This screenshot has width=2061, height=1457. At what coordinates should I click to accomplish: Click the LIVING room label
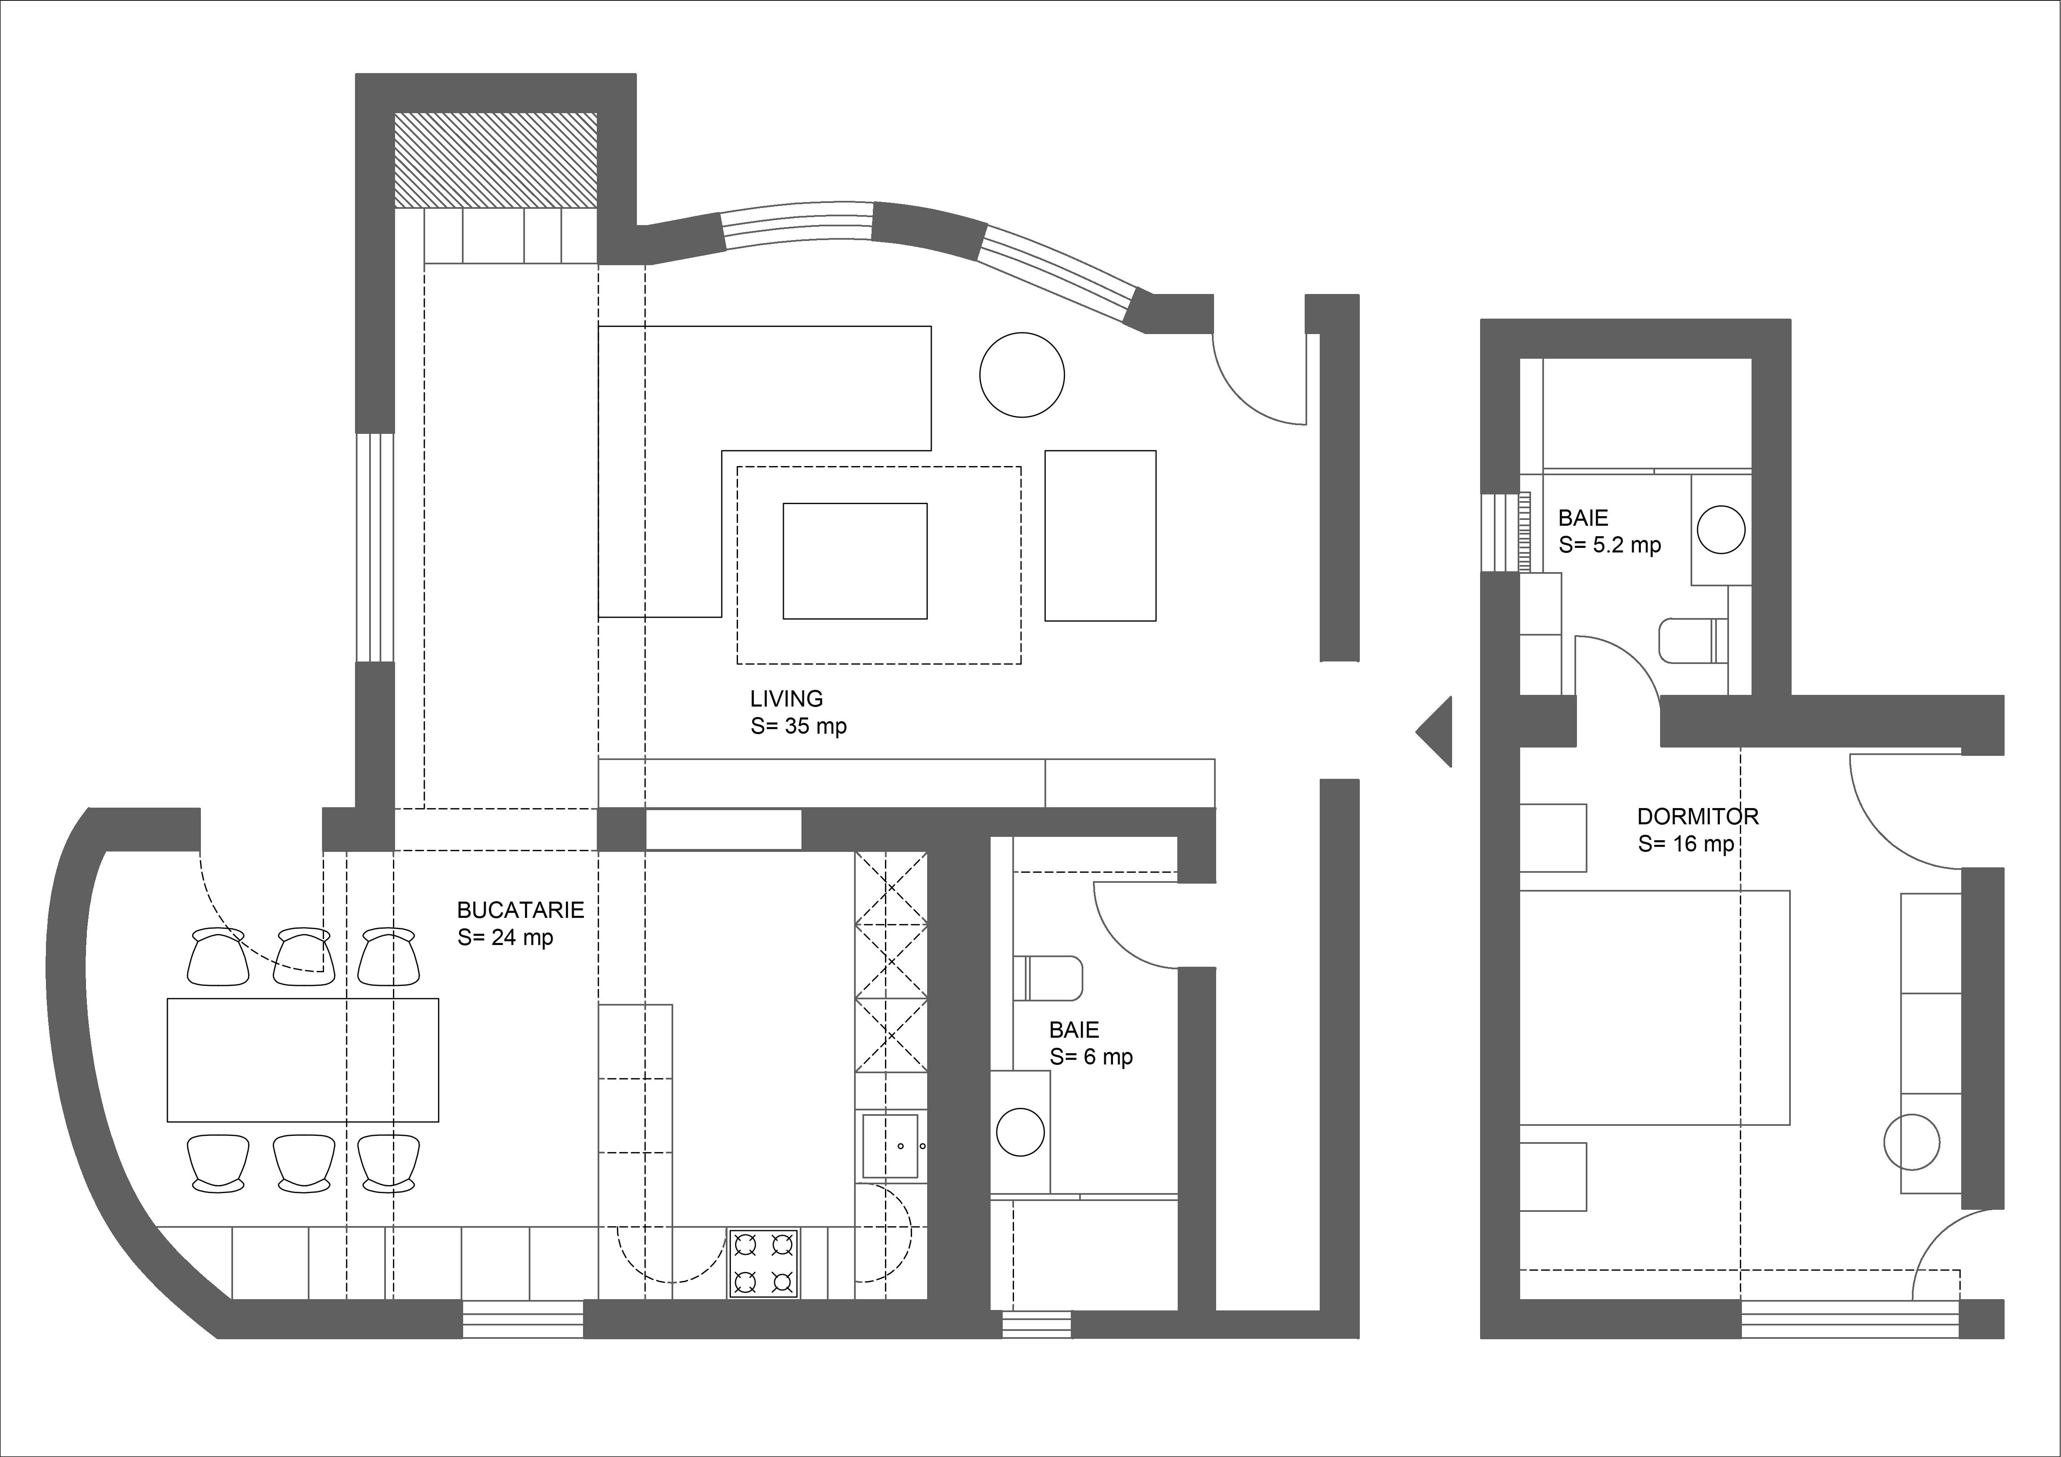pyautogui.click(x=786, y=698)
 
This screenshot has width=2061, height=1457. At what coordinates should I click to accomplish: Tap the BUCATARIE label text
pyautogui.click(x=521, y=910)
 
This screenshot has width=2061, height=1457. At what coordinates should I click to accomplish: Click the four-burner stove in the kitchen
pyautogui.click(x=763, y=1263)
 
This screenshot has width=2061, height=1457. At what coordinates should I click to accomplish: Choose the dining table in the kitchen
pyautogui.click(x=302, y=1059)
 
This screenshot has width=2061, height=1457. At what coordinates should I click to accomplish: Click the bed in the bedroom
pyautogui.click(x=1654, y=1007)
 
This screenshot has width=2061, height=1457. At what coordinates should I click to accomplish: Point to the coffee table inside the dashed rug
pyautogui.click(x=854, y=561)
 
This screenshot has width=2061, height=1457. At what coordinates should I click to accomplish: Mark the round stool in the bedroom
pyautogui.click(x=1911, y=1142)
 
